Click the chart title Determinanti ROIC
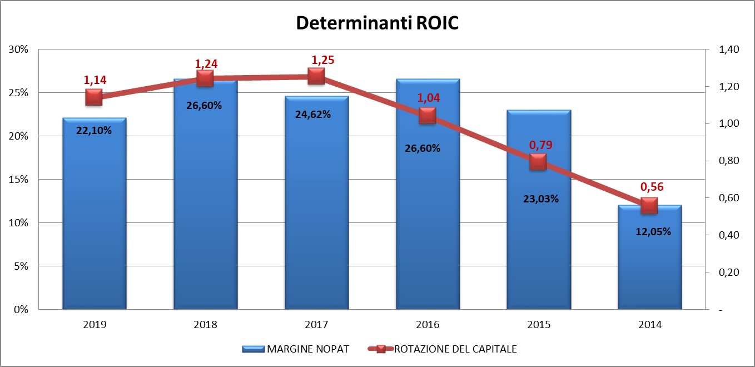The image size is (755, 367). point(377,23)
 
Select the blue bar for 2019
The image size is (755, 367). point(94,222)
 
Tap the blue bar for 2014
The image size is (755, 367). point(649,267)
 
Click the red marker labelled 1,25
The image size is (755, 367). point(316,76)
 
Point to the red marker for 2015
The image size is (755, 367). point(538,162)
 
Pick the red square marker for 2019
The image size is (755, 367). point(94,97)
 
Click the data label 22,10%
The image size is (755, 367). point(94,131)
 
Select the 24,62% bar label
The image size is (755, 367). point(316,115)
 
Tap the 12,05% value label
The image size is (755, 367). point(649,232)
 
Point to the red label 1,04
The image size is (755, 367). point(428,98)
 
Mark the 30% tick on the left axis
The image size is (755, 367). point(19,49)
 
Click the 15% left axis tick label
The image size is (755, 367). point(19,180)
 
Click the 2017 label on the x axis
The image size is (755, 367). point(316,325)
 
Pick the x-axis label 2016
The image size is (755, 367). point(428,325)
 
